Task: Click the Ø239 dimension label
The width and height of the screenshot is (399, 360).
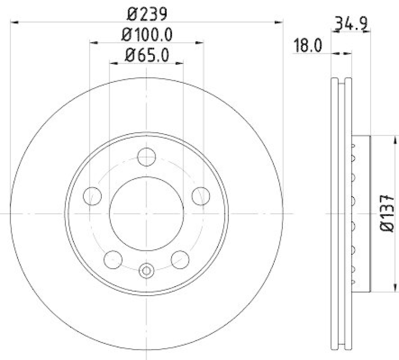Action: (146, 13)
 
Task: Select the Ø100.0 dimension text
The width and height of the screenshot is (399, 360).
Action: (147, 35)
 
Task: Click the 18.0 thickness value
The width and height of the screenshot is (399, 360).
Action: (308, 46)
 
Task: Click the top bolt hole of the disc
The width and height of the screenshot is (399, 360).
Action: (146, 157)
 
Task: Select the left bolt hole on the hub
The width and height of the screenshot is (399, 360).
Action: (92, 196)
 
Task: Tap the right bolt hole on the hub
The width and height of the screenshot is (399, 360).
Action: (200, 196)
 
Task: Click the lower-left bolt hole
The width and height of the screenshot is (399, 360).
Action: (113, 259)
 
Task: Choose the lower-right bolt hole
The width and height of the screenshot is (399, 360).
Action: (180, 259)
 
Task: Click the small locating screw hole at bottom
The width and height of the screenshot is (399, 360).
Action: (146, 271)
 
